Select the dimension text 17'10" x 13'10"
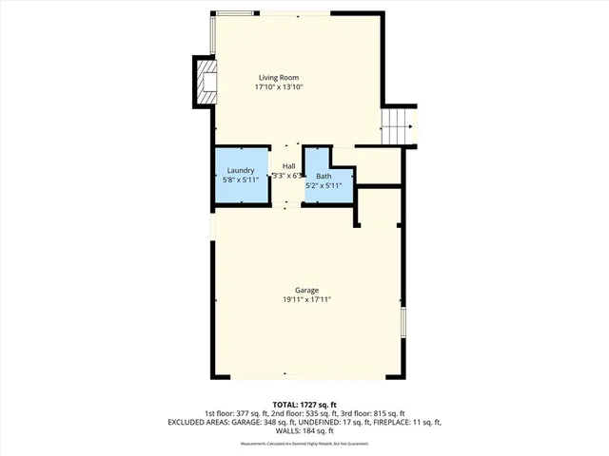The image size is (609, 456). pyautogui.click(x=279, y=86)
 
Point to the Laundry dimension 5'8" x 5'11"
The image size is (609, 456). pyautogui.click(x=240, y=179)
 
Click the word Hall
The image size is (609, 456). pyautogui.click(x=287, y=166)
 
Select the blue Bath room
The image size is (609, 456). pyautogui.click(x=324, y=176)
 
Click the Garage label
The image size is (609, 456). pyautogui.click(x=305, y=290)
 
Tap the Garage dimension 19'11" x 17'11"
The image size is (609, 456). pyautogui.click(x=305, y=299)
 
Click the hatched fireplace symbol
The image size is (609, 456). pyautogui.click(x=205, y=82)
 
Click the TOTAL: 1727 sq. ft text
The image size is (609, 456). pyautogui.click(x=304, y=405)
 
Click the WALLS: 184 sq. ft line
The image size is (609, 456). pyautogui.click(x=304, y=430)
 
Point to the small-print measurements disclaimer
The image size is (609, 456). pyautogui.click(x=304, y=442)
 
